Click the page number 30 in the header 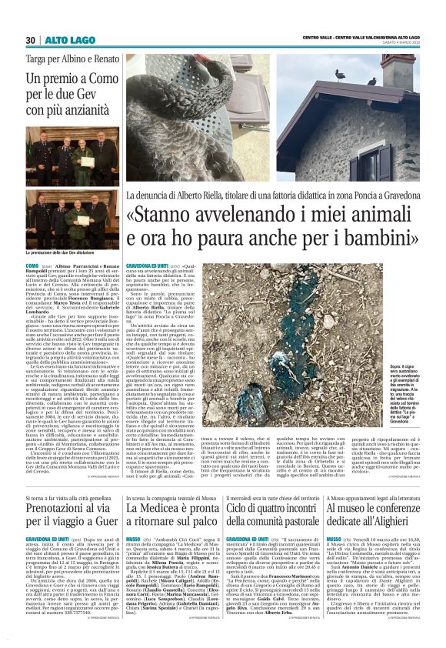30,39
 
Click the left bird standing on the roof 340,75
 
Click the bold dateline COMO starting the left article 33,265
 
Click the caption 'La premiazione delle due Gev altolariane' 62,252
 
